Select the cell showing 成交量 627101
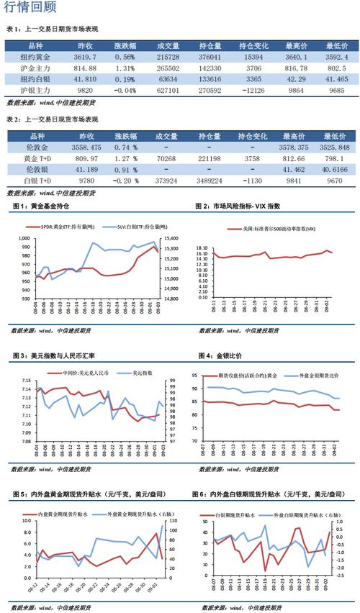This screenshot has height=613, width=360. [168, 91]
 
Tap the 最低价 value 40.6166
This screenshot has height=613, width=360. [337, 169]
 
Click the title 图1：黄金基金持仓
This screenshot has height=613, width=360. [40, 206]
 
